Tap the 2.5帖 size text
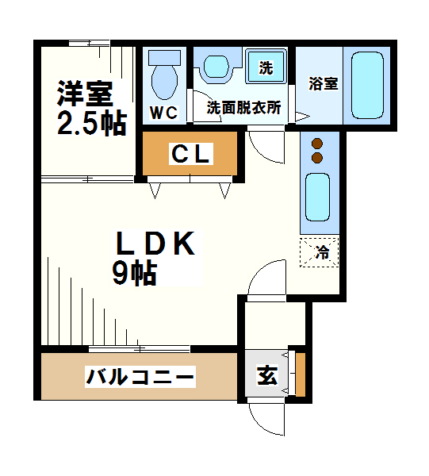(92, 123)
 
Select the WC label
(165, 113)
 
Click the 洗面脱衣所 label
(243, 108)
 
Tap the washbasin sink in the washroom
(215, 67)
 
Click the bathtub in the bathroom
(367, 85)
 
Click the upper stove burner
(318, 144)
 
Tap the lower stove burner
(318, 158)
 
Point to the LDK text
(155, 244)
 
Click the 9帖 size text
(133, 274)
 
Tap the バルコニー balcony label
(140, 376)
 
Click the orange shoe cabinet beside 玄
(299, 374)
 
